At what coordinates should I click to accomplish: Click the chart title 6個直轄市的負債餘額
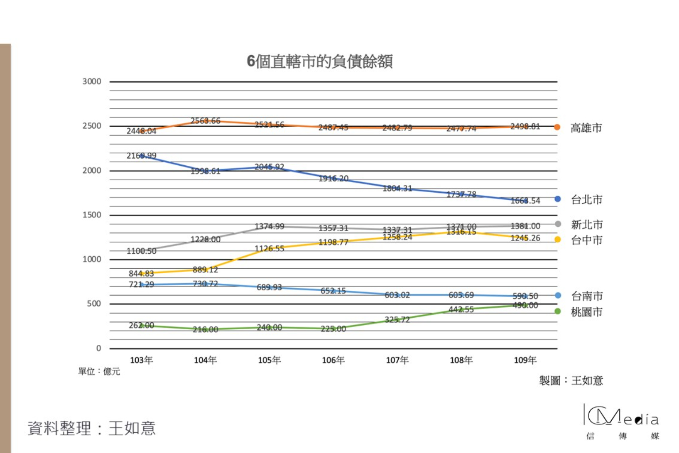click(320, 61)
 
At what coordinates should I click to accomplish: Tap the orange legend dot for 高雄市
click(557, 127)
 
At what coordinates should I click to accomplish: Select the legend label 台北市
click(587, 200)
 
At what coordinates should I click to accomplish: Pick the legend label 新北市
click(587, 225)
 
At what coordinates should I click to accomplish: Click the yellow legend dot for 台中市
click(557, 240)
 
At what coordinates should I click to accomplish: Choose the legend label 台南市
click(587, 296)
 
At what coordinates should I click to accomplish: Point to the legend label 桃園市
click(587, 312)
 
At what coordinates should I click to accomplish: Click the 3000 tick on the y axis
click(92, 81)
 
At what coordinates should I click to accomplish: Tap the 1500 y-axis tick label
click(92, 215)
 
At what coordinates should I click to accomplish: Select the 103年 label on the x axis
click(141, 360)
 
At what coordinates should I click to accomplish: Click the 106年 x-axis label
click(333, 360)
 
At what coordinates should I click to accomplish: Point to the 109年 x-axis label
click(525, 360)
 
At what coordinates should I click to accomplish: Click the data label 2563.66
click(205, 121)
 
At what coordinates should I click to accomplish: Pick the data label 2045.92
click(269, 167)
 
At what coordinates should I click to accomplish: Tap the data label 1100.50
click(141, 251)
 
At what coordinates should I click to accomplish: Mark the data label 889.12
click(205, 270)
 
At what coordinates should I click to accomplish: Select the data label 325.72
click(397, 320)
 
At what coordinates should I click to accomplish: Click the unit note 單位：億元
click(99, 372)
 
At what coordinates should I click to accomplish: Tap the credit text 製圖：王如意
click(571, 381)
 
